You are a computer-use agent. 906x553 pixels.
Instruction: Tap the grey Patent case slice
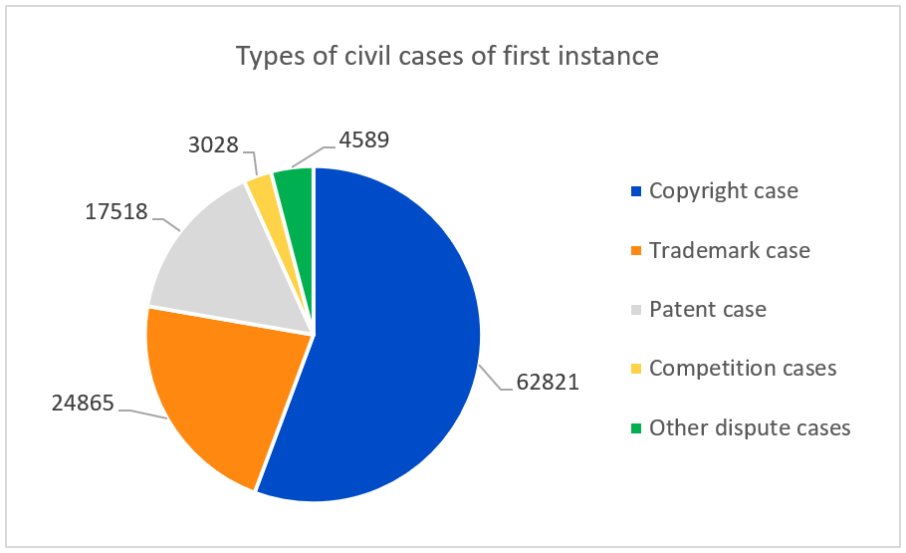(x=231, y=266)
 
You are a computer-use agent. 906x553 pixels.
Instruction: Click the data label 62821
(x=548, y=383)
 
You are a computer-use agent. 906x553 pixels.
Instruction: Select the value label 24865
(x=84, y=404)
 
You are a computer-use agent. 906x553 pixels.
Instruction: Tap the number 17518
(x=116, y=211)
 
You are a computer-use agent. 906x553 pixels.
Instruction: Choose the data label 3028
(x=213, y=144)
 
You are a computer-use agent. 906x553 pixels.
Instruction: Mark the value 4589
(x=364, y=139)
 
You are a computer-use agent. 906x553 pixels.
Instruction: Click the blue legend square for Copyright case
(x=636, y=191)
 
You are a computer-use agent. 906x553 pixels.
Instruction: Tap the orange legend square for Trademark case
(x=636, y=251)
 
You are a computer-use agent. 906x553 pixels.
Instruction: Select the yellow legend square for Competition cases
(x=636, y=369)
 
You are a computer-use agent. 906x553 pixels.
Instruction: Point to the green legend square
(x=636, y=428)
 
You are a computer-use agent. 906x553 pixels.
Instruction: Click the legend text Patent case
(x=708, y=310)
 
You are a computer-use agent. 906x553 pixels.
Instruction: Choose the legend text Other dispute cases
(x=750, y=428)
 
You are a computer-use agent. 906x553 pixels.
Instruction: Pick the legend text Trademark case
(x=730, y=250)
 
